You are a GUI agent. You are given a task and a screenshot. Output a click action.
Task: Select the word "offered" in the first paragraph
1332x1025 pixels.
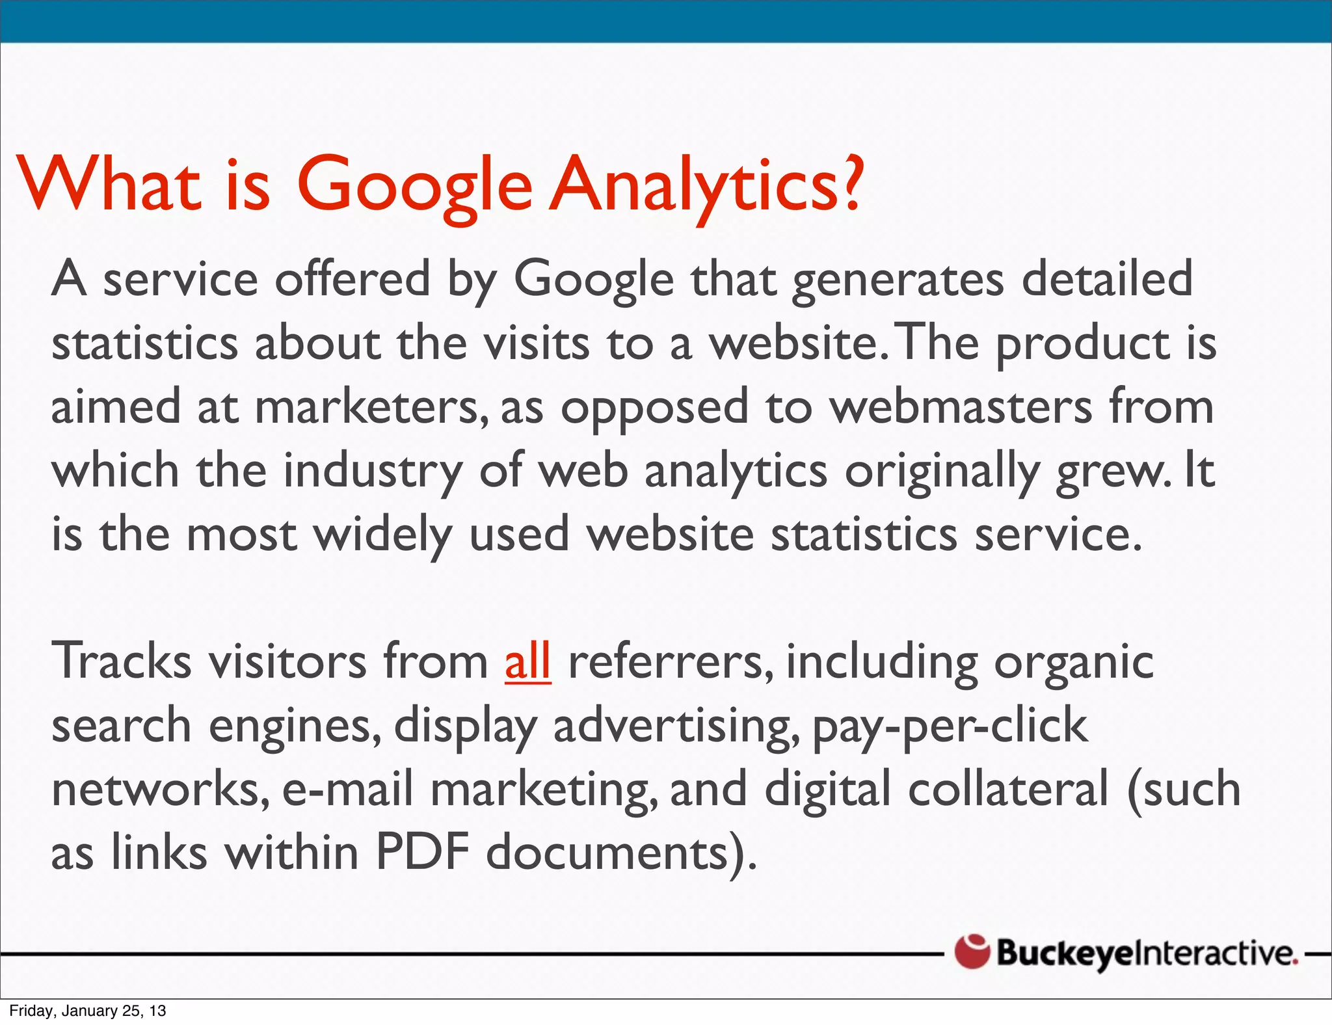(x=352, y=278)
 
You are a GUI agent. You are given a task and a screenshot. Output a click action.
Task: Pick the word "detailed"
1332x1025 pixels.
(x=1106, y=278)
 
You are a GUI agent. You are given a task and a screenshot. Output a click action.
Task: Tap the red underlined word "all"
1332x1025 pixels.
(x=527, y=661)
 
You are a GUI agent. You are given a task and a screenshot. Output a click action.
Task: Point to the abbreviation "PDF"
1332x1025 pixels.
(x=422, y=852)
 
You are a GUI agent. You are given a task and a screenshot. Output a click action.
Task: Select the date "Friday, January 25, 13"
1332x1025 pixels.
(x=88, y=1011)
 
